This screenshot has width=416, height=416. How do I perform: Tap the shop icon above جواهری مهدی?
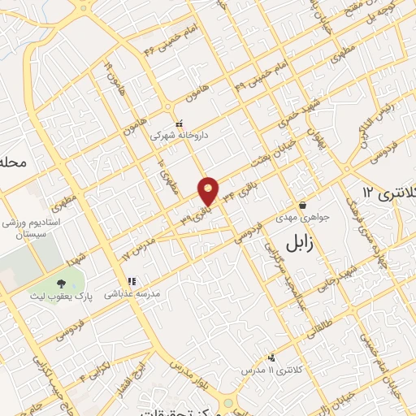point(302,205)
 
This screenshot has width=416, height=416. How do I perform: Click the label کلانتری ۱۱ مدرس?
point(269,370)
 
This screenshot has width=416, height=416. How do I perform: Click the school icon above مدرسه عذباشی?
point(131,280)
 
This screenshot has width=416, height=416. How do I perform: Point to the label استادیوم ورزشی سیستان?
point(28,227)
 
